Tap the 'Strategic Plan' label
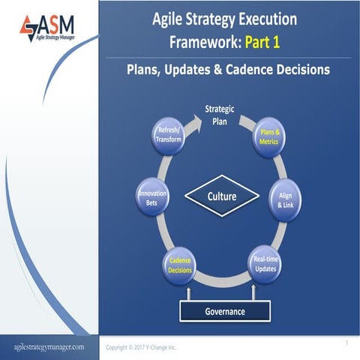click(x=219, y=114)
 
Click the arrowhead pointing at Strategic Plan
click(x=196, y=116)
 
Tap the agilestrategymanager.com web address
click(x=49, y=347)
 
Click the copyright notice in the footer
click(x=141, y=347)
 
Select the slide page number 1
click(x=347, y=342)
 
